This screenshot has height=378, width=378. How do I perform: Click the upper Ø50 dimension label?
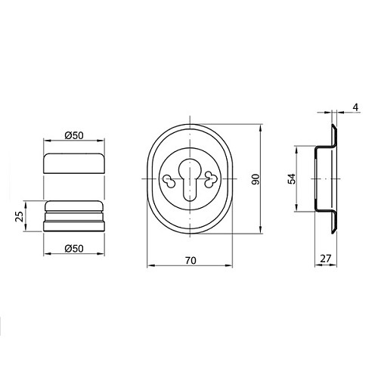coord(74,135)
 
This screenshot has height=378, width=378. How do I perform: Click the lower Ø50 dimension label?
coord(74,249)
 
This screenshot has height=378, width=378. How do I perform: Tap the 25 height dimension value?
coord(20,216)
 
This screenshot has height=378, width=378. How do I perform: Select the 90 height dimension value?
coord(256,179)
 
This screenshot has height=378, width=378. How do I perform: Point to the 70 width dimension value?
coord(191,260)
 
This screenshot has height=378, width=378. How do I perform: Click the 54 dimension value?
coord(292,178)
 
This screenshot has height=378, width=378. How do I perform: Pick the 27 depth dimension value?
coord(325,259)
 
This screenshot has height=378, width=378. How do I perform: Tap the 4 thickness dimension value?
coord(355,107)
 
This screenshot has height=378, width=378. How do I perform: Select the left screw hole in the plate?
coord(169,181)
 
